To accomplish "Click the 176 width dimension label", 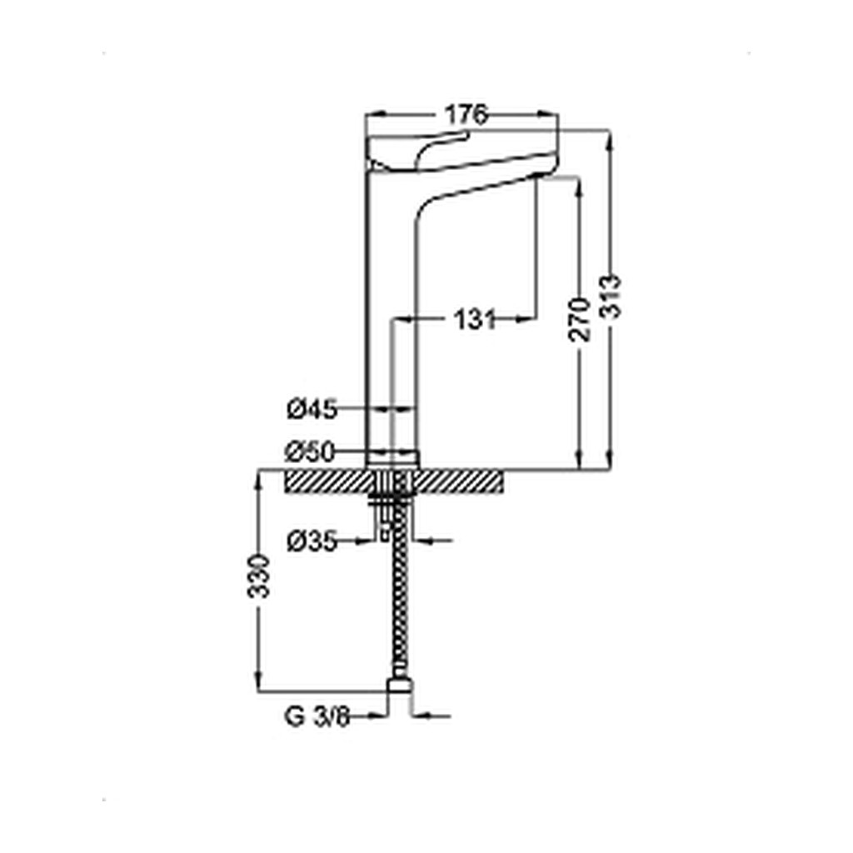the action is [466, 115].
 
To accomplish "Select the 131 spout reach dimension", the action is [475, 319].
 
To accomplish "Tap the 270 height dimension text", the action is [580, 319].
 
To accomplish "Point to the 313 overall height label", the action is [611, 297].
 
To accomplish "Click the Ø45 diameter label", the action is [312, 409].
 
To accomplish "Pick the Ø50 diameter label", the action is [309, 451].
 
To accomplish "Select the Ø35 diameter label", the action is [312, 541].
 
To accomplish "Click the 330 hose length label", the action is [259, 576].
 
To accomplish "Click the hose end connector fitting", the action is [400, 685].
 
